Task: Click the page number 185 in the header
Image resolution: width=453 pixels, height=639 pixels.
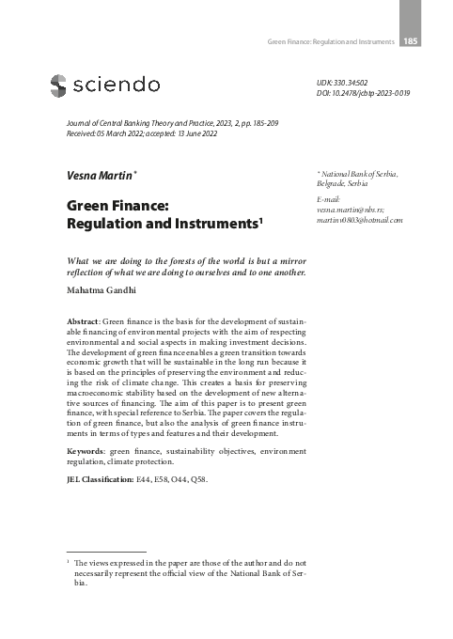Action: pos(410,40)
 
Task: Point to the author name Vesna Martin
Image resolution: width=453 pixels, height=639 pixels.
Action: pos(93,176)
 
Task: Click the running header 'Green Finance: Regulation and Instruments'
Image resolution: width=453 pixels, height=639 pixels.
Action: pos(331,41)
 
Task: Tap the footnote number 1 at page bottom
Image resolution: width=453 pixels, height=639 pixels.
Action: pos(70,560)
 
